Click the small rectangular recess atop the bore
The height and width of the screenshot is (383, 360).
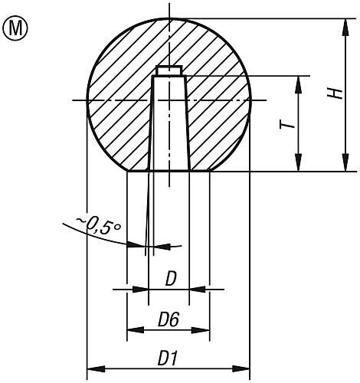coord(168,71)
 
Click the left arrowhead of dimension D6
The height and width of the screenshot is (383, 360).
coord(133,330)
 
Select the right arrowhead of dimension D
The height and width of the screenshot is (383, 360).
coord(196,289)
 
